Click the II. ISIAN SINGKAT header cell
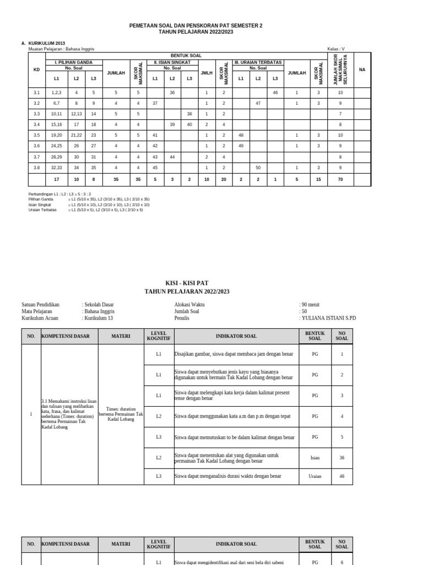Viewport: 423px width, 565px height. pyautogui.click(x=172, y=62)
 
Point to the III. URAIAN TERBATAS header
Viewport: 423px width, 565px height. pyautogui.click(x=258, y=62)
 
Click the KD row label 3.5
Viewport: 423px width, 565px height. pyautogui.click(x=37, y=135)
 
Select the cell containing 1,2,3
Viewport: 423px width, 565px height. pyautogui.click(x=56, y=93)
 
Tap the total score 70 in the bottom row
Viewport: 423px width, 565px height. pyautogui.click(x=340, y=179)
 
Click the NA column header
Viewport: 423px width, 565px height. pyautogui.click(x=362, y=69)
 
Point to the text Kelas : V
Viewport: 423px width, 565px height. pyautogui.click(x=336, y=49)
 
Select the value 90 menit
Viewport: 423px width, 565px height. pyautogui.click(x=310, y=304)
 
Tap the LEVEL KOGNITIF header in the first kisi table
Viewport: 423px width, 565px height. pyautogui.click(x=159, y=335)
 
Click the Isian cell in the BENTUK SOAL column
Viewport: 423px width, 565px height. pyautogui.click(x=314, y=457)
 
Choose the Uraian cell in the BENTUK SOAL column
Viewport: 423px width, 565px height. pyautogui.click(x=314, y=476)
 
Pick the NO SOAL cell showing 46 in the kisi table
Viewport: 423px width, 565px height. pyautogui.click(x=341, y=476)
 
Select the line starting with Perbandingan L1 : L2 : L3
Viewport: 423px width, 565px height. pyautogui.click(x=59, y=194)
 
